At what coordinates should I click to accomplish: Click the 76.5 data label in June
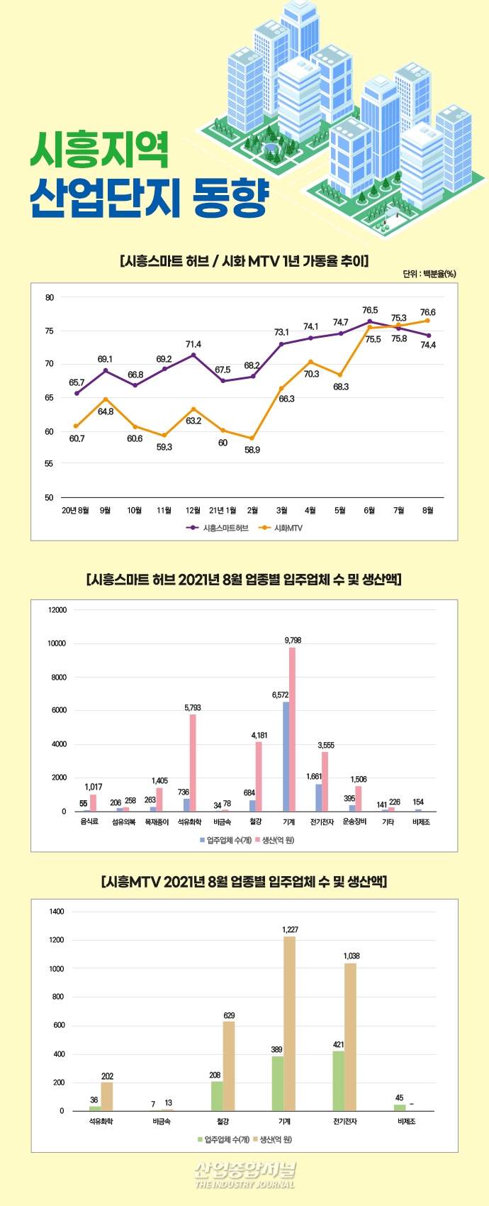click(370, 310)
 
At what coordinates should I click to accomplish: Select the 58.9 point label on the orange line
click(252, 450)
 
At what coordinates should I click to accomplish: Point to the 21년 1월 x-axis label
click(223, 510)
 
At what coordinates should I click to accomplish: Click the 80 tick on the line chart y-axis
click(50, 297)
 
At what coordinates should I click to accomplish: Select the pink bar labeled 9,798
click(292, 729)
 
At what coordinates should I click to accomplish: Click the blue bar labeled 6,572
click(286, 756)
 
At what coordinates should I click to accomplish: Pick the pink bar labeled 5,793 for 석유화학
click(193, 763)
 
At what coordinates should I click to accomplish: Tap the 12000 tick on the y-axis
click(57, 610)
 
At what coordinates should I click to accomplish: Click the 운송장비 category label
click(354, 821)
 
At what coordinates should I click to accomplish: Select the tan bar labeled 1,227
click(290, 1023)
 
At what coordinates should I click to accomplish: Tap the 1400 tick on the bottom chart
click(57, 912)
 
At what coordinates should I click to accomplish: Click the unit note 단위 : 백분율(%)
click(429, 274)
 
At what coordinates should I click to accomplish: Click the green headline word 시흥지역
click(100, 150)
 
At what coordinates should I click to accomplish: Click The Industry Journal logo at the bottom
click(244, 1175)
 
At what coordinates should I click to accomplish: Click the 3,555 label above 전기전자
click(326, 746)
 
